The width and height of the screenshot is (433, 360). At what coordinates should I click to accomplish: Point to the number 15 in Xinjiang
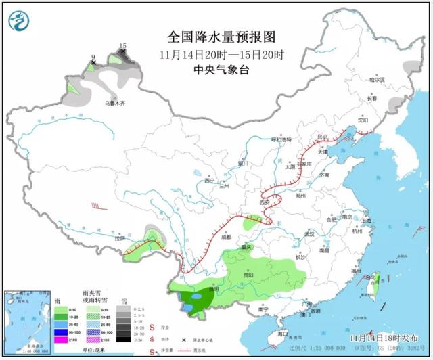(x=122, y=45)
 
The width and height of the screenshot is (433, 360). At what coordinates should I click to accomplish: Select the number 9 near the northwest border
(x=93, y=58)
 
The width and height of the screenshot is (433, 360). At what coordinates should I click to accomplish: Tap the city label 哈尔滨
(x=376, y=80)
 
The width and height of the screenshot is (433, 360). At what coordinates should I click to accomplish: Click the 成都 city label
(x=225, y=237)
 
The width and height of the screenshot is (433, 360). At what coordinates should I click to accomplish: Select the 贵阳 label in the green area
(x=247, y=275)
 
